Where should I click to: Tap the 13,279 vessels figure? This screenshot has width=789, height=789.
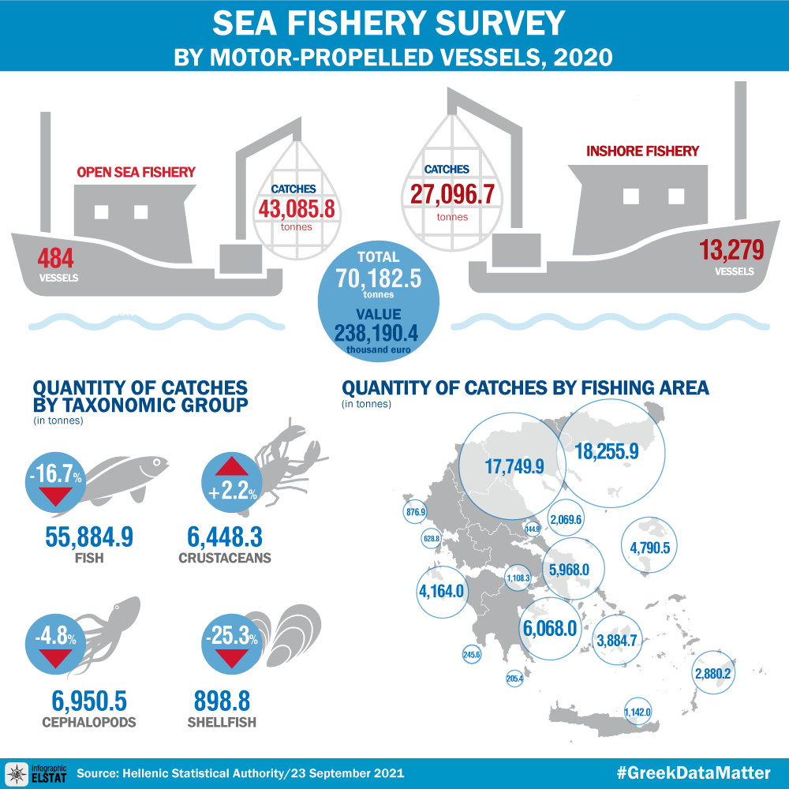(x=731, y=251)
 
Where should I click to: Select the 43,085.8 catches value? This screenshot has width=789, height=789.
(x=296, y=208)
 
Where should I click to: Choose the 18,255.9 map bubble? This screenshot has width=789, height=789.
(x=611, y=452)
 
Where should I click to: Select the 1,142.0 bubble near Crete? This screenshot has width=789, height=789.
(x=637, y=711)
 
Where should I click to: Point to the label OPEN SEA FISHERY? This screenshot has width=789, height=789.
(x=136, y=172)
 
